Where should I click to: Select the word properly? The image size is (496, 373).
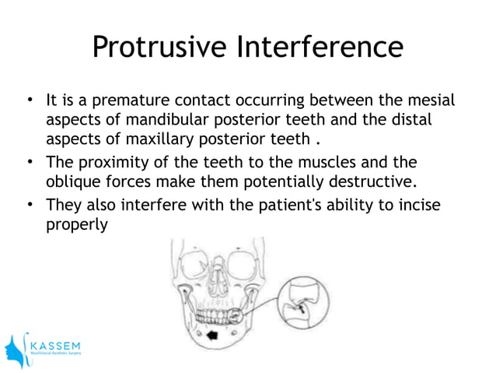pyautogui.click(x=75, y=224)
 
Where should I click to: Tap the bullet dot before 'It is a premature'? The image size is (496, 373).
pyautogui.click(x=29, y=100)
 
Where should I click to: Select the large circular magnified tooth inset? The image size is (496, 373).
pyautogui.click(x=306, y=302)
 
